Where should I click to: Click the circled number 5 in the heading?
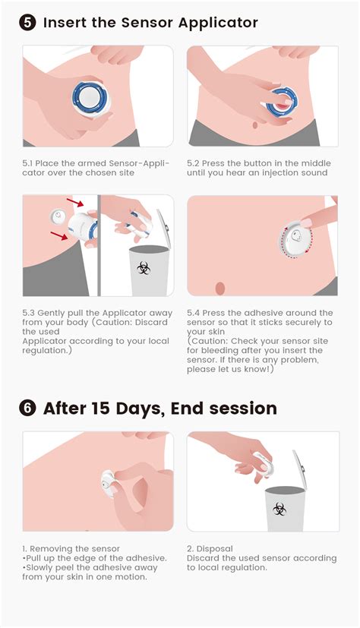point(27,23)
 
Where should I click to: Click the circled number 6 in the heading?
point(27,409)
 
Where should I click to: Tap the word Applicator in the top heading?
point(218,24)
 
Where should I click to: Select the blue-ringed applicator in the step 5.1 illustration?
point(90,98)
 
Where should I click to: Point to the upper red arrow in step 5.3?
point(75,202)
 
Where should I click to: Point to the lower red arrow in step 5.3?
point(59,236)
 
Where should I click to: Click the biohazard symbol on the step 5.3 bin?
point(143,268)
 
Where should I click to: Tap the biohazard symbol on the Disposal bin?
point(279,509)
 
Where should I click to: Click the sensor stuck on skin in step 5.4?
point(295,239)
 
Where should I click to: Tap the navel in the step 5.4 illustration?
point(219,288)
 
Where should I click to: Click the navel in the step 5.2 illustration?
point(255,125)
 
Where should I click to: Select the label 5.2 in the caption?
point(193,163)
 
